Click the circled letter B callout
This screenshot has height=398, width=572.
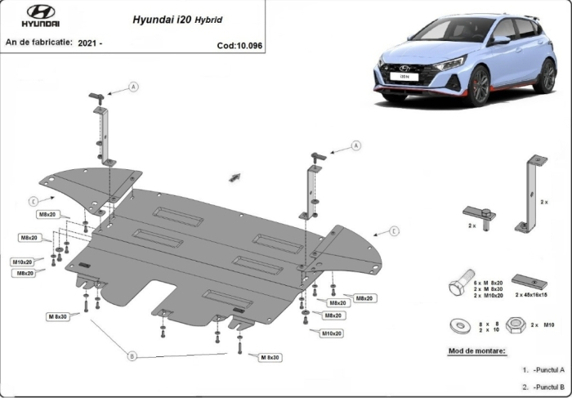pyautogui.click(x=132, y=356)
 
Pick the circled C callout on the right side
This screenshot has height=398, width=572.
pyautogui.click(x=394, y=231)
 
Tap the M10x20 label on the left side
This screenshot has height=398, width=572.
pyautogui.click(x=22, y=262)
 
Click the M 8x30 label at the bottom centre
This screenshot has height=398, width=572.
pyautogui.click(x=270, y=358)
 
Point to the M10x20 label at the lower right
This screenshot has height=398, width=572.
pyautogui.click(x=331, y=333)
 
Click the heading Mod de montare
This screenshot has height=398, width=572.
pyautogui.click(x=477, y=351)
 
